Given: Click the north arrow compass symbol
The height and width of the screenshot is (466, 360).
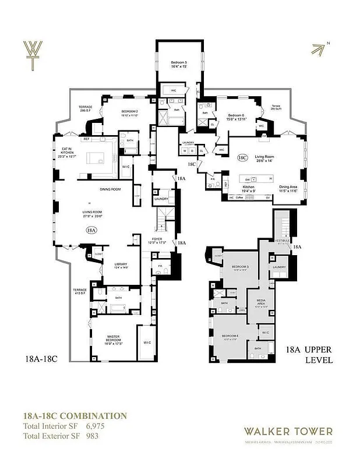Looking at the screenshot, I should point(320,49).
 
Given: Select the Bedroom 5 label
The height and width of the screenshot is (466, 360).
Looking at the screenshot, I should point(179,65).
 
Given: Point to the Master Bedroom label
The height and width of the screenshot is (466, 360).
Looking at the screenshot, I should point(117,339).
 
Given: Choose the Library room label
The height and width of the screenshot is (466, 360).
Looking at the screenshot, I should point(121,264).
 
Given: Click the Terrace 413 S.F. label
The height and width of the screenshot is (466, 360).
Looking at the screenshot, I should point(79,292).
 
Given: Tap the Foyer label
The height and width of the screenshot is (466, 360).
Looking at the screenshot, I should point(158,240).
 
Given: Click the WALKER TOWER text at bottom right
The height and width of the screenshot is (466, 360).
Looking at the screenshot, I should point(288,432).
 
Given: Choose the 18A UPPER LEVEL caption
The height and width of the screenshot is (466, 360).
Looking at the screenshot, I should point(309,355).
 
